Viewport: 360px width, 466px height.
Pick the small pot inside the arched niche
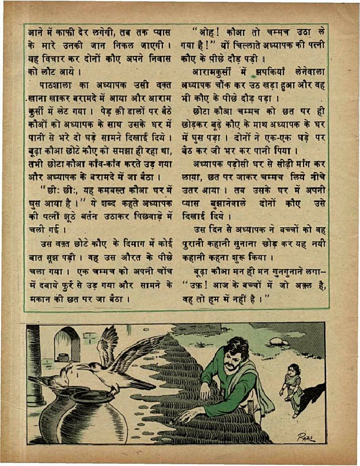[x=62, y=357]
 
